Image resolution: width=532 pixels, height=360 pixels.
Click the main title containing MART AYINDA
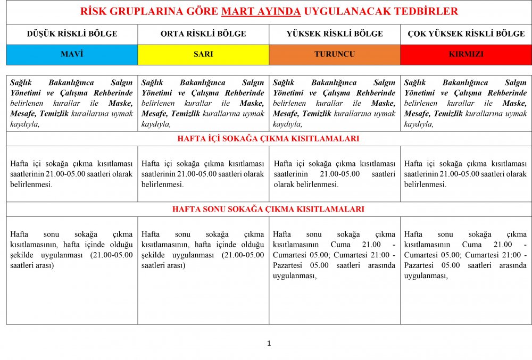click(269, 12)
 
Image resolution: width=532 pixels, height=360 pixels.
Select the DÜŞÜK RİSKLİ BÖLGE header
click(72, 34)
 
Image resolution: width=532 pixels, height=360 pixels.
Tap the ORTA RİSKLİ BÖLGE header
click(203, 34)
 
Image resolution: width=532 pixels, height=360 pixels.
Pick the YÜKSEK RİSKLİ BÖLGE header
click(335, 34)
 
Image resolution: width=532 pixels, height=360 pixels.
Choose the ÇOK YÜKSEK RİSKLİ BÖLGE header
click(466, 34)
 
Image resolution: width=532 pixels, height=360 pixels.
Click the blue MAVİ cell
click(72, 54)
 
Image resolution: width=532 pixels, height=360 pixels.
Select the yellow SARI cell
click(203, 54)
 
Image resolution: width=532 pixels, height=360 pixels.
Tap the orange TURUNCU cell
click(335, 54)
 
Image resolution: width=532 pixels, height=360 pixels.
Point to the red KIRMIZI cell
click(466, 54)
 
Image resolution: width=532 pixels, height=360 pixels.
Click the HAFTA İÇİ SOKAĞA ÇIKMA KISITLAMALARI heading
click(268, 139)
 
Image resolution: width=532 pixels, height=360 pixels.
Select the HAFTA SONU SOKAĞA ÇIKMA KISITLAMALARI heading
click(268, 210)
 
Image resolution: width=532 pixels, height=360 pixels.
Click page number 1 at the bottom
click(269, 344)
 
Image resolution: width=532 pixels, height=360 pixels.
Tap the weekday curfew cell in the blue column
click(72, 174)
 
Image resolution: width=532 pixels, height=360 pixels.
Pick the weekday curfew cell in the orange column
click(335, 174)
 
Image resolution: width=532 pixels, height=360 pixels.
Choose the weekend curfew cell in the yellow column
click(203, 249)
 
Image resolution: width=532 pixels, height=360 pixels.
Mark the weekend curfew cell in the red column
click(466, 255)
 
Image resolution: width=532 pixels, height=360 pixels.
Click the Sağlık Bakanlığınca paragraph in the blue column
click(72, 103)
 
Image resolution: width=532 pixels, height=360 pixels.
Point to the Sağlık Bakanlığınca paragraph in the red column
click(466, 103)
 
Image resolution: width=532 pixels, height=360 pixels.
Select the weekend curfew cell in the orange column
click(335, 255)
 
